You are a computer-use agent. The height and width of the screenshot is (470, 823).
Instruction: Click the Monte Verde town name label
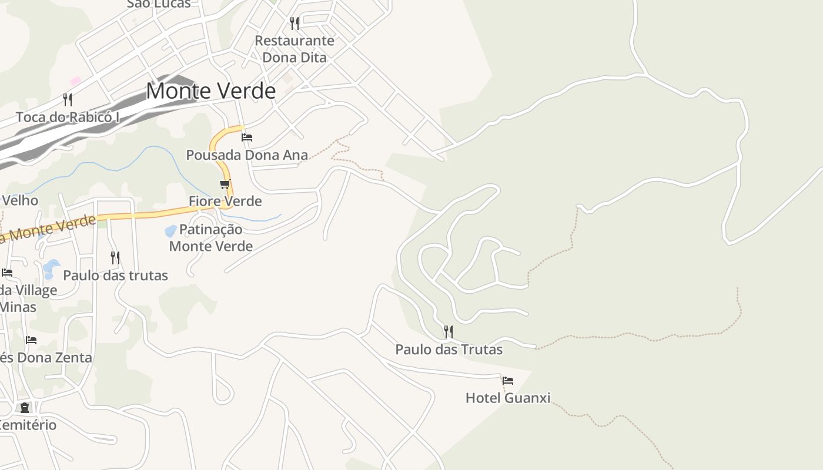click(x=210, y=91)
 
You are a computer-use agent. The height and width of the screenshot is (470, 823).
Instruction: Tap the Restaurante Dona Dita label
click(x=295, y=49)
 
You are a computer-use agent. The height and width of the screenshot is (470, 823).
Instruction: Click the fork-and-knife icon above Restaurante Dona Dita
click(x=295, y=23)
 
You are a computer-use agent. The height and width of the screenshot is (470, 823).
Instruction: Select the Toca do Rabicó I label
click(x=68, y=117)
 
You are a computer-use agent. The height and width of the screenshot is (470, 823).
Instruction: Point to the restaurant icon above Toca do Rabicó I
click(x=68, y=99)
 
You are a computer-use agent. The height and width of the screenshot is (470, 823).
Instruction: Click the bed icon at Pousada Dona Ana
click(x=247, y=137)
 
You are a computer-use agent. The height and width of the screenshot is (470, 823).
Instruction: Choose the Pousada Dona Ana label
click(x=247, y=155)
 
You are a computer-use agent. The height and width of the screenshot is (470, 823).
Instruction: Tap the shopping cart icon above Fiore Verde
click(x=225, y=184)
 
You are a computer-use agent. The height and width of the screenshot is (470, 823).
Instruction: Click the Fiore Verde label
click(x=225, y=202)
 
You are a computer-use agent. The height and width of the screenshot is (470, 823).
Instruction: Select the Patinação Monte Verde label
click(x=211, y=237)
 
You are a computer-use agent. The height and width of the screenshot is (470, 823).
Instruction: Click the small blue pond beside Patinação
click(x=170, y=231)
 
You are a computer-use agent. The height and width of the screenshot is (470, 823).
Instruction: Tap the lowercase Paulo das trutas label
click(x=115, y=276)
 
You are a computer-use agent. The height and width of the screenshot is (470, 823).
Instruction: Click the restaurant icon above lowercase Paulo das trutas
click(x=115, y=257)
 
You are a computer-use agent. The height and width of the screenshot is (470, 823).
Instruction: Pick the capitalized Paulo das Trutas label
click(x=449, y=350)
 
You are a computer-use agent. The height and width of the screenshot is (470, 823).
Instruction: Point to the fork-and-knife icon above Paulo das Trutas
click(x=448, y=332)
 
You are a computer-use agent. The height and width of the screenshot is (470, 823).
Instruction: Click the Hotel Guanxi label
click(x=508, y=398)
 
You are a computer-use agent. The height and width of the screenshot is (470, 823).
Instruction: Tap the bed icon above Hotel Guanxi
click(x=508, y=381)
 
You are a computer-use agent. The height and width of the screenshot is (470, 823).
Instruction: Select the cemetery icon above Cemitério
click(x=25, y=407)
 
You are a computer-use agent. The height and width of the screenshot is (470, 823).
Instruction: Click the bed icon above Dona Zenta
click(x=31, y=340)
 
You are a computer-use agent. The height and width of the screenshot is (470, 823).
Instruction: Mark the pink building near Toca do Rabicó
click(x=75, y=80)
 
